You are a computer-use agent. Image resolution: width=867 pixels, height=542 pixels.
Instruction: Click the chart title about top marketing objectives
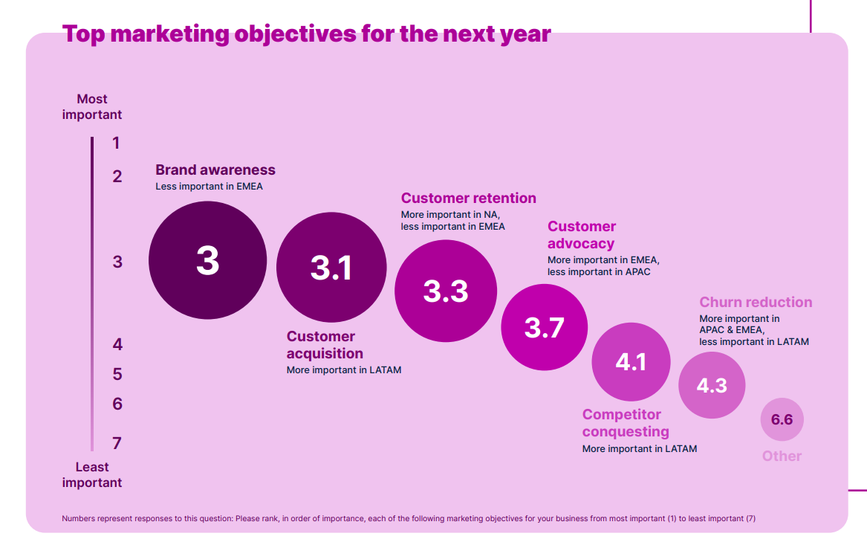306,33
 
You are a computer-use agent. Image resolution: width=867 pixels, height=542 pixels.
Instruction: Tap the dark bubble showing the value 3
207,260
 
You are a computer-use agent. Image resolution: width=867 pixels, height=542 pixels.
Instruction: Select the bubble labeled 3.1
331,268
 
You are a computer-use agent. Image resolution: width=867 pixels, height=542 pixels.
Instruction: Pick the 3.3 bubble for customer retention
446,291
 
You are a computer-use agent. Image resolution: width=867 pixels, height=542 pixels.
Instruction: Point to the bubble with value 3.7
544,327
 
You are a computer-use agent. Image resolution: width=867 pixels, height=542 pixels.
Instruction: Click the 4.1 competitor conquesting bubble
631,362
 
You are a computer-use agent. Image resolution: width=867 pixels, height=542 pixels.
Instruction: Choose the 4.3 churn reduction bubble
712,385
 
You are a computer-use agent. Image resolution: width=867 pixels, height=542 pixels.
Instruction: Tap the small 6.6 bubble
782,419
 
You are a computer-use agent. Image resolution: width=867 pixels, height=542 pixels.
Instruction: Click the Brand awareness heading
215,170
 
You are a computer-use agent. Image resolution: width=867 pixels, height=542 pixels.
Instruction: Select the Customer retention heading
468,199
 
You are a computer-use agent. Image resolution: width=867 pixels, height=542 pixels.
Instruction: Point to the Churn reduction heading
756,303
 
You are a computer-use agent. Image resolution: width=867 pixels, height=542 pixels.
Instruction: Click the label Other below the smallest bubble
782,456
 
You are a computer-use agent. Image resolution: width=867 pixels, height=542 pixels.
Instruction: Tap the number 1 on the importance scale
116,143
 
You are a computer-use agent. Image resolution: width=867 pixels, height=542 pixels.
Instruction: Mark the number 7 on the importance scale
117,443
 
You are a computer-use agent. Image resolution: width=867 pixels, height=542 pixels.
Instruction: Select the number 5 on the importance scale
117,374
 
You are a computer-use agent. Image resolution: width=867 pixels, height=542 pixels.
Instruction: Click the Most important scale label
92,107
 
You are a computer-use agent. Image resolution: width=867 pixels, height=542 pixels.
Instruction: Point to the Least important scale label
92,474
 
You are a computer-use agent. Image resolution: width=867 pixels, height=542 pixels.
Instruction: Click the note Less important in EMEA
209,187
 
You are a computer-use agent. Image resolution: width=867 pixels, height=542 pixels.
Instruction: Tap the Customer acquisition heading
325,345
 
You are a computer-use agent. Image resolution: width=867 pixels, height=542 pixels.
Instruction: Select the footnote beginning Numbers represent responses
409,519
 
